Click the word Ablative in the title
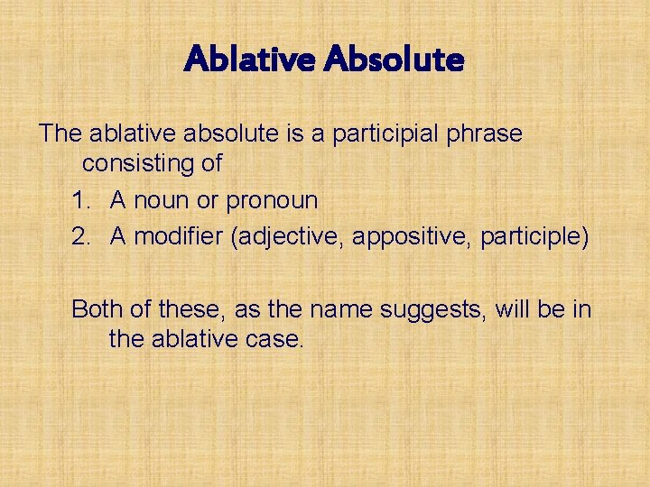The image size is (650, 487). pyautogui.click(x=249, y=60)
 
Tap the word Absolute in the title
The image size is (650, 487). pyautogui.click(x=394, y=60)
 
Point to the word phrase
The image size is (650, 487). pyautogui.click(x=488, y=134)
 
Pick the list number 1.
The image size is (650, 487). pyautogui.click(x=80, y=200)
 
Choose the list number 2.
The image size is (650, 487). pyautogui.click(x=81, y=236)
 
